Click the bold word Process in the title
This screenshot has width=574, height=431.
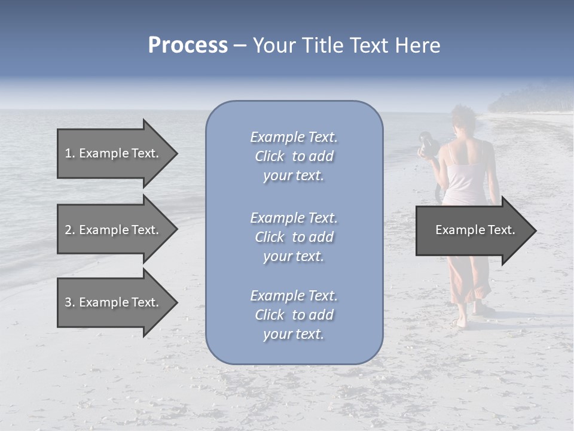click(188, 45)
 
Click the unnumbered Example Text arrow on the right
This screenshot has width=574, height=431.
click(472, 230)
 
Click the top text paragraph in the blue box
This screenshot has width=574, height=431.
click(294, 156)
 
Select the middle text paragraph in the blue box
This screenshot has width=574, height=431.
click(294, 237)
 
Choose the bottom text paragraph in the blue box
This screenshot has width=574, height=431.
click(294, 315)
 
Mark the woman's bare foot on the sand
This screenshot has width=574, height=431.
click(461, 323)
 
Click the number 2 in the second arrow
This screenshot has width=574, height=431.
click(68, 230)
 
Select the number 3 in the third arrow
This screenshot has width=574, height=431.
click(68, 302)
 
